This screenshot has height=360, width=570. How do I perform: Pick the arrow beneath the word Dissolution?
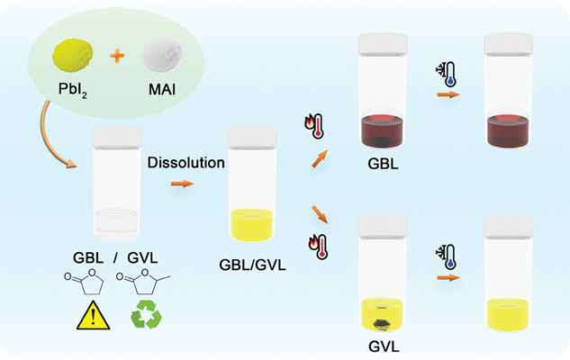182,184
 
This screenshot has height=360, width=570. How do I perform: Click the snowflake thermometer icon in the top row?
446,72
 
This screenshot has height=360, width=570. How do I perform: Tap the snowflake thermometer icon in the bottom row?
446,256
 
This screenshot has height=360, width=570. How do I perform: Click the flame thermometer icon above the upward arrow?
313,125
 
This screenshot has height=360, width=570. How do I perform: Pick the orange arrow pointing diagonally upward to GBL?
317,159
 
